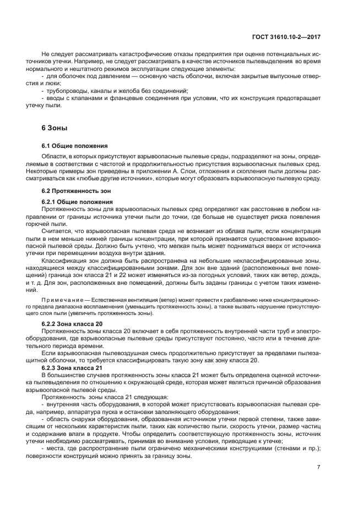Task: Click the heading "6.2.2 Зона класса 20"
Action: coord(72,324)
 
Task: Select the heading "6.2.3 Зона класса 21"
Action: coord(72,367)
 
